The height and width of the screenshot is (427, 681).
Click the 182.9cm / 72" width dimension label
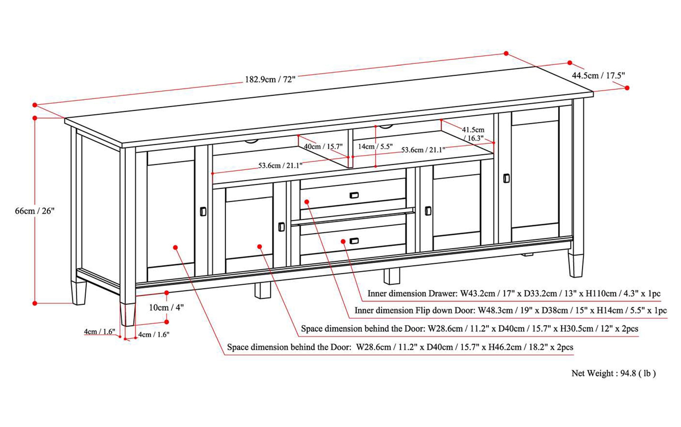pos(270,79)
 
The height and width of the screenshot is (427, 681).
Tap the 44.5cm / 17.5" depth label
pos(598,76)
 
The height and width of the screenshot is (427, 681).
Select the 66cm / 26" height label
pos(34,211)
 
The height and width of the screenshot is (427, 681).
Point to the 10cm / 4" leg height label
pos(166,308)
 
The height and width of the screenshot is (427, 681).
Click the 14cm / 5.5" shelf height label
pos(375,147)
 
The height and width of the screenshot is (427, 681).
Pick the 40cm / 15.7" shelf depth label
pos(323,147)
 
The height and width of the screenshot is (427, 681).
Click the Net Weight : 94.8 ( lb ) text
pos(613,373)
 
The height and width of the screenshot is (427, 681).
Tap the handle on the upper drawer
pos(354,195)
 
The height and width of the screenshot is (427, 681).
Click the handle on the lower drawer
pos(354,241)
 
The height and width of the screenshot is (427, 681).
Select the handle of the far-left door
pos(203,212)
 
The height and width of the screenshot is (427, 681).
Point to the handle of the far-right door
pos(506,178)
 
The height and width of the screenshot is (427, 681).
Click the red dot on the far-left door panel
pos(175,247)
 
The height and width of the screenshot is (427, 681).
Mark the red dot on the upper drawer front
pos(307,202)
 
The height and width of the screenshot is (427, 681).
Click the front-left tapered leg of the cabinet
pos(127,314)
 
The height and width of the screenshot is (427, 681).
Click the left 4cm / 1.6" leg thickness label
pos(99,332)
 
